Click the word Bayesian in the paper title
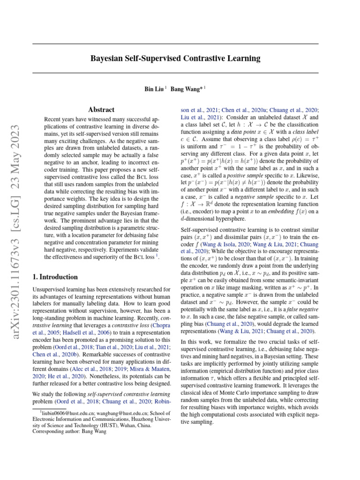coord(106,59)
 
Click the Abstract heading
coord(101,110)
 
